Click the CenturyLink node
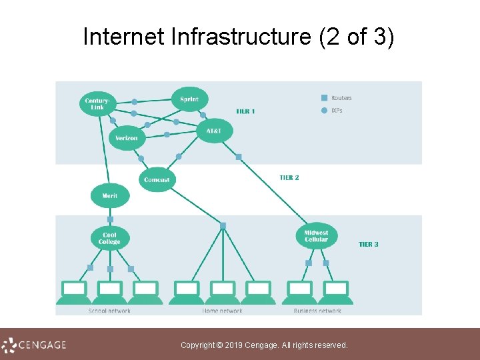tap(98, 103)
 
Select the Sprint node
tap(189, 99)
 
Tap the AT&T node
tap(213, 131)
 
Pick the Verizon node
tap(126, 138)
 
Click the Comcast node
tap(157, 179)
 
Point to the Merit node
tap(109, 196)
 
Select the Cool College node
tap(109, 238)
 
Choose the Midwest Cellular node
tap(316, 236)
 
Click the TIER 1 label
tap(245, 111)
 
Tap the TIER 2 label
tap(289, 178)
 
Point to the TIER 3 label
tap(368, 245)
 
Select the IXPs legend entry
tap(336, 110)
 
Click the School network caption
tap(109, 311)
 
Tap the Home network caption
tap(222, 311)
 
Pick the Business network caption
tap(317, 311)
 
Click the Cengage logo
tap(34, 345)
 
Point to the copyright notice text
tap(264, 345)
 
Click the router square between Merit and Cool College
tap(110, 219)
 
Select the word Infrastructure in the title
tap(239, 37)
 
